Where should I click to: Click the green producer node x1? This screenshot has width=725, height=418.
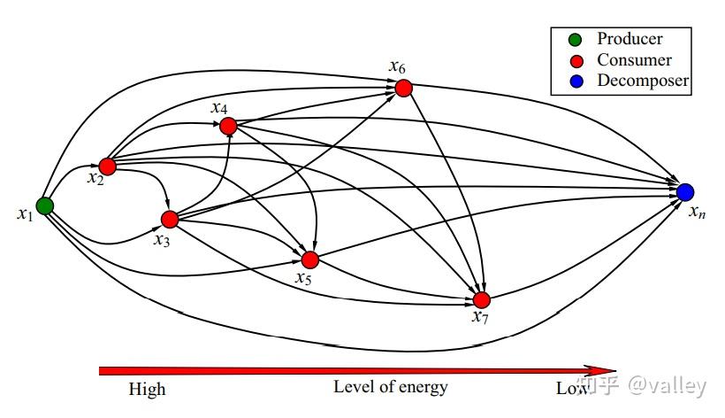point(45,206)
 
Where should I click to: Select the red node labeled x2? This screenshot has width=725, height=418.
point(107,166)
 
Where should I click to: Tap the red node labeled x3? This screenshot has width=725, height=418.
point(170,220)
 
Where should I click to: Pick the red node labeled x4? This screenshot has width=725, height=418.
point(228,126)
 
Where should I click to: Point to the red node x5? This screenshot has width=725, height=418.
point(310,260)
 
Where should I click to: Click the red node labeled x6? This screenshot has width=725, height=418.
point(404,88)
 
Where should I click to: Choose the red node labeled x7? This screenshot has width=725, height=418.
point(482,300)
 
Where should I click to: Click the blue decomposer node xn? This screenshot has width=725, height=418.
point(685,191)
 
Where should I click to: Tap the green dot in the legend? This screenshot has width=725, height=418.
point(575,40)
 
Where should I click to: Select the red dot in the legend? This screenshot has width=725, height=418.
point(576,61)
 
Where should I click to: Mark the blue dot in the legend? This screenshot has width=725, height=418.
point(576,81)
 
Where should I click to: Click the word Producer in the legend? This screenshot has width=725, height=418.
point(630,39)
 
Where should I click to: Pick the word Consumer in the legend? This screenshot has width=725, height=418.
point(635,60)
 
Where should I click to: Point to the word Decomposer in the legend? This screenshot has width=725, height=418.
point(643,81)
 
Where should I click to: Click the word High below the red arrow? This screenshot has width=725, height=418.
point(147,390)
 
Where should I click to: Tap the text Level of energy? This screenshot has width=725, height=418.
point(391,387)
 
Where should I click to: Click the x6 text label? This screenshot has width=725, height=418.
point(397,67)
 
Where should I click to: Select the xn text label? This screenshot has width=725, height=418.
point(698,213)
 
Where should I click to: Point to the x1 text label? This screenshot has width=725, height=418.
point(26,214)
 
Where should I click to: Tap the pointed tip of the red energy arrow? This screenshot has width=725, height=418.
point(616,370)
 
